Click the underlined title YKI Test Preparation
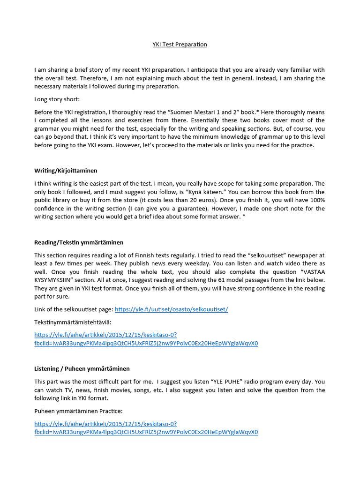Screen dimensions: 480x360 180,45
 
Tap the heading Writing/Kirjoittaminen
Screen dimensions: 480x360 66,171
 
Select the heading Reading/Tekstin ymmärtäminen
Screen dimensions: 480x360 79,242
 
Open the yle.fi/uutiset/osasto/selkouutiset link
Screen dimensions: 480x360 171,310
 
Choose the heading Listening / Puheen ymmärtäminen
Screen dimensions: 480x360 82,369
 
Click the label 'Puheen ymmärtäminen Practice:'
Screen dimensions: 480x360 78,411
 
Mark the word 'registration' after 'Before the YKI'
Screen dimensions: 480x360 97,112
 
